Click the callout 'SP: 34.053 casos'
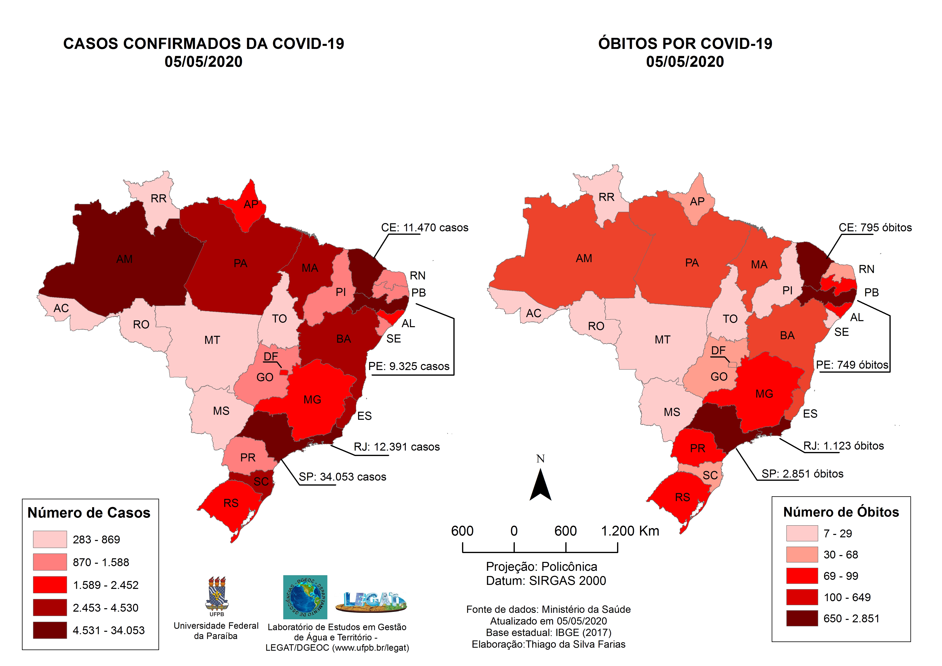[x=342, y=477]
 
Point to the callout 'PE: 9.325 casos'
[x=409, y=366]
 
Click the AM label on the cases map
[x=124, y=259]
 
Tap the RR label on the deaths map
[x=606, y=197]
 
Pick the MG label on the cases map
[x=312, y=400]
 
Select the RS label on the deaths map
[x=682, y=497]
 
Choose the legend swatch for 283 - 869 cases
[x=50, y=539]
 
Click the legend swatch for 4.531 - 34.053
[x=50, y=630]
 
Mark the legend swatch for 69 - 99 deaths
[x=802, y=576]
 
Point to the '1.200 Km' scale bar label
[x=630, y=531]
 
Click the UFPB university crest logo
[x=217, y=595]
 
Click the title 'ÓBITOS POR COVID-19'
[x=685, y=43]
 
